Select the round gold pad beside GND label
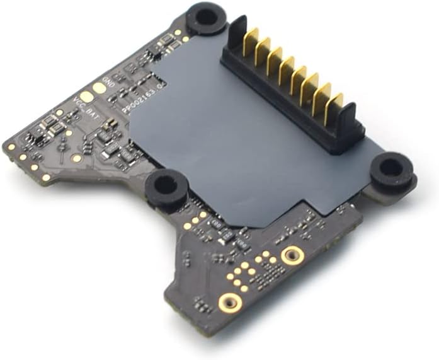(x=100, y=89)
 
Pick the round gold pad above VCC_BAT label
(x=86, y=96)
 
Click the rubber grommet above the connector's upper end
(x=207, y=16)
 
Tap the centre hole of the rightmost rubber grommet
(x=391, y=168)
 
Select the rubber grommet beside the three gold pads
(x=166, y=185)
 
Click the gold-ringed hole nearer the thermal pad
(x=292, y=255)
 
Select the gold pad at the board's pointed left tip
(x=11, y=147)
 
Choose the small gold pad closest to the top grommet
(x=186, y=38)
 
